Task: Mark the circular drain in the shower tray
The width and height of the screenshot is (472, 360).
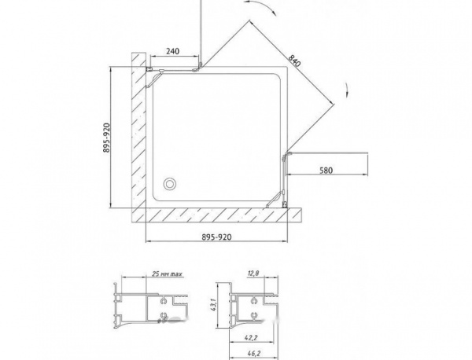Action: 168,186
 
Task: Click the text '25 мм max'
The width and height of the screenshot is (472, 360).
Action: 164,274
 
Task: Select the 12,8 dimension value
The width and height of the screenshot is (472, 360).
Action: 251,274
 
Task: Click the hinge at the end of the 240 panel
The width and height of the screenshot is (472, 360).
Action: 201,68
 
